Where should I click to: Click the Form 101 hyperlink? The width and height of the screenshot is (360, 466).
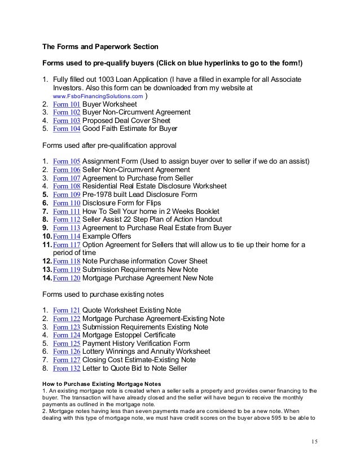67,105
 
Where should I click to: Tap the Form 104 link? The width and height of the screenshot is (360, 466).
67,129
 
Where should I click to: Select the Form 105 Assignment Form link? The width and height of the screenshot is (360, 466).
67,162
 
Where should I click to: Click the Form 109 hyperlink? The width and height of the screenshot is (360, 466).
67,195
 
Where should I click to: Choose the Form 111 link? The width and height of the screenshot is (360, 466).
67,211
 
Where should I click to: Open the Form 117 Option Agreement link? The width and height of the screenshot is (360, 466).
67,244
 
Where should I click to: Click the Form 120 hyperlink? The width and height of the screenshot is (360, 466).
67,278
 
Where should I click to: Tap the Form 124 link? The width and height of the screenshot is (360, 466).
67,335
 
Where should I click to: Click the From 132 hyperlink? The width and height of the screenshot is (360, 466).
67,368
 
